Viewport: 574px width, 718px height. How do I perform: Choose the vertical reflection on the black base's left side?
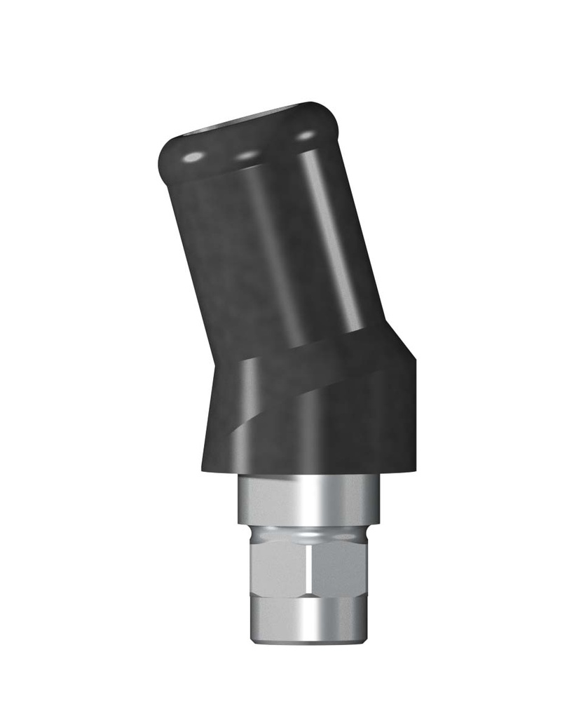[x=242, y=414]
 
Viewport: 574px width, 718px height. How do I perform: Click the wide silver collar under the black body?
[x=308, y=501]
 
